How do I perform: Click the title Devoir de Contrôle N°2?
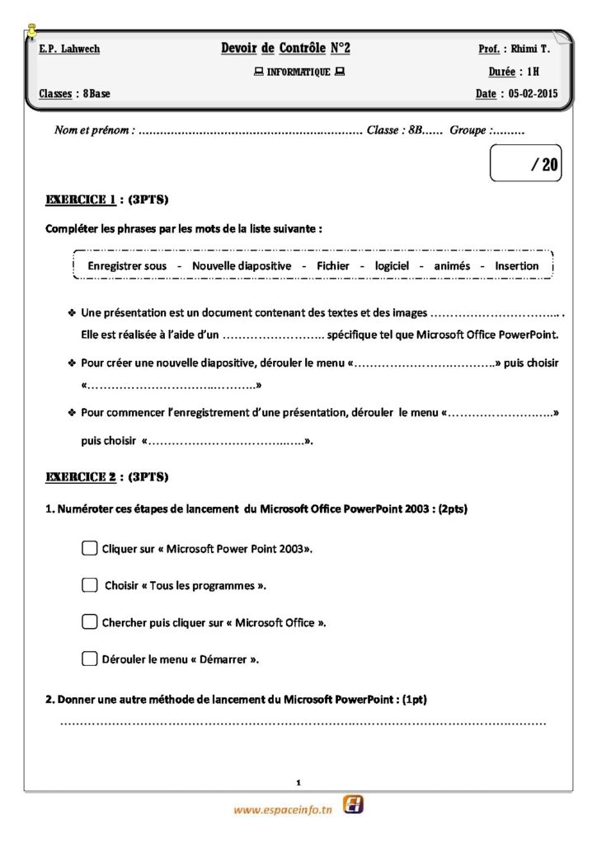point(285,49)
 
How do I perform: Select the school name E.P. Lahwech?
point(69,49)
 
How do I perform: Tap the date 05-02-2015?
point(533,94)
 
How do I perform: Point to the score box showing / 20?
point(526,164)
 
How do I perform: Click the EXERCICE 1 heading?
point(81,199)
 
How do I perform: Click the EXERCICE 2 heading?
point(81,476)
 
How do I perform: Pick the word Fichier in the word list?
point(333,266)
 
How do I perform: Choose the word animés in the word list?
point(452,266)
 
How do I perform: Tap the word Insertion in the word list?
point(516,266)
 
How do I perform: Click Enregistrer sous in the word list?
point(127,266)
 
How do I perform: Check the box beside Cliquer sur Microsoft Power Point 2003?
point(90,548)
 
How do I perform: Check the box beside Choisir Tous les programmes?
point(90,585)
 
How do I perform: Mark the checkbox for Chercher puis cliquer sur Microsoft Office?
point(90,622)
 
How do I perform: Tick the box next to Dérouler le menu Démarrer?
point(90,659)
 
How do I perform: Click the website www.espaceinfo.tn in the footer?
point(283,810)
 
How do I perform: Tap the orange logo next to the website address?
point(354,805)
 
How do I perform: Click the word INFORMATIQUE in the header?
point(298,73)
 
